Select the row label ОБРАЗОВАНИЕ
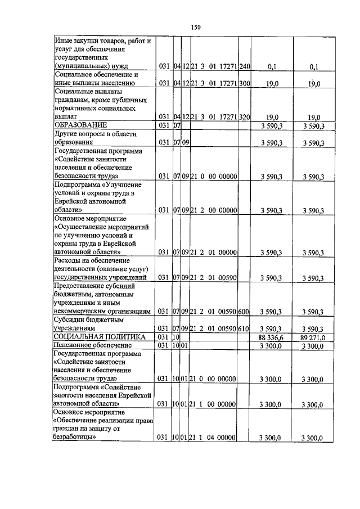80,124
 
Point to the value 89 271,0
313,336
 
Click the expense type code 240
244,67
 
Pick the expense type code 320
244,117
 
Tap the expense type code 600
244,311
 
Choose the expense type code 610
244,328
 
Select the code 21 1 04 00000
213,438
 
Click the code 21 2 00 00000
213,210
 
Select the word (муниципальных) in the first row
79,66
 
